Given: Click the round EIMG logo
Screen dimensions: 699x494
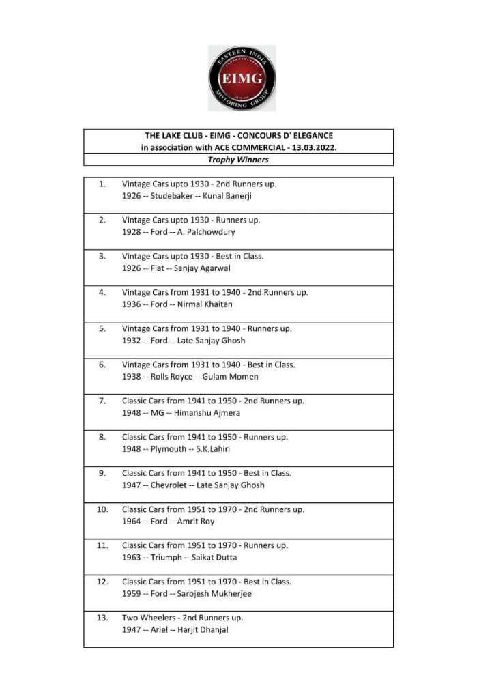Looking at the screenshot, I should click(242, 78).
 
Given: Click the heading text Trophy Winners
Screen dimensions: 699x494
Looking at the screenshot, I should click(238, 160).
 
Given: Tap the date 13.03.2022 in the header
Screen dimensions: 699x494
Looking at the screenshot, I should click(312, 147).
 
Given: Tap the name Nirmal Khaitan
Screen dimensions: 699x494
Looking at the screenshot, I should click(205, 304).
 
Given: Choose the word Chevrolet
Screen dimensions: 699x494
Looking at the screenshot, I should click(171, 485).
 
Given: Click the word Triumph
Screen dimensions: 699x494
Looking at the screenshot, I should click(166, 558).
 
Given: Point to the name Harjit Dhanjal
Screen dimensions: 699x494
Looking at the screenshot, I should click(203, 630).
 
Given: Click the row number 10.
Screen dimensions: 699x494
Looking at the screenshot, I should click(103, 509).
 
